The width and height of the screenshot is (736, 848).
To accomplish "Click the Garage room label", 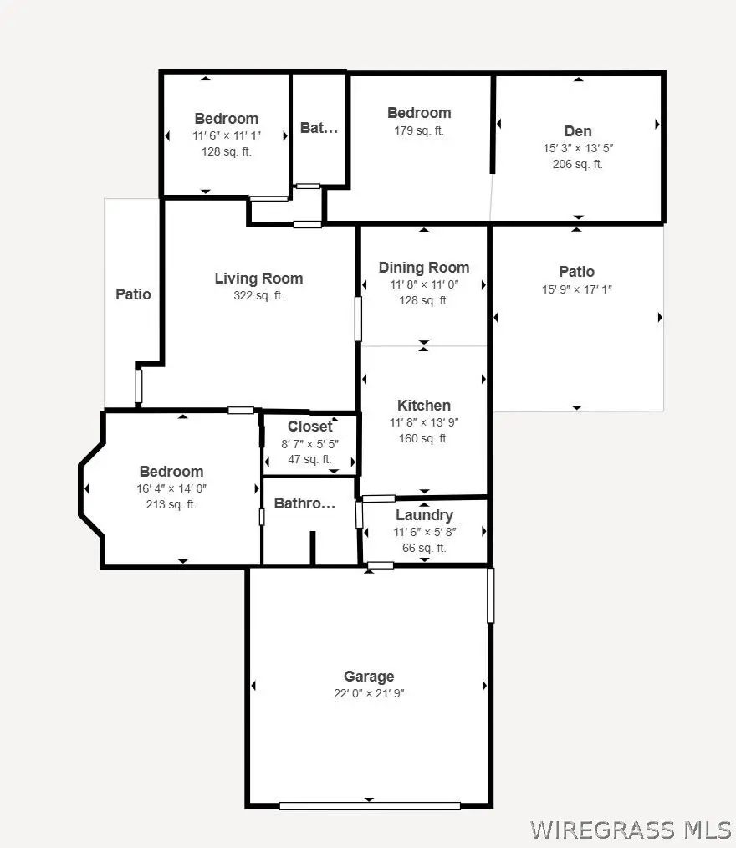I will (x=369, y=677).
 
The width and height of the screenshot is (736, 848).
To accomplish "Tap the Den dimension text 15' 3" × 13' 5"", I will (x=578, y=147).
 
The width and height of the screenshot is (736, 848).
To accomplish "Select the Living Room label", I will (x=258, y=278).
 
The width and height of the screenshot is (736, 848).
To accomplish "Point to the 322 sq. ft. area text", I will (x=258, y=295).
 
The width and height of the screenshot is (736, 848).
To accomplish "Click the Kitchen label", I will (x=424, y=406).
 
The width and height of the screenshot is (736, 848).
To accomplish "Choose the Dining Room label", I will (x=424, y=268).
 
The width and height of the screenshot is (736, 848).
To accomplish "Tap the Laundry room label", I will (x=424, y=515).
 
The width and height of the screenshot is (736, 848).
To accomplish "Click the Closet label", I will (x=309, y=427).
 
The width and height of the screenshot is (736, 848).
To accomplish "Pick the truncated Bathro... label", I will (x=304, y=504).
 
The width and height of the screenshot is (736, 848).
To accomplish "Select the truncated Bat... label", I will (x=318, y=128).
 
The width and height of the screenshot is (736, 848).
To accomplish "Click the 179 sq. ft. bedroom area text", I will (x=419, y=130).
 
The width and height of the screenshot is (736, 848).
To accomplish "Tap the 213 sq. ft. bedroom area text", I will (x=171, y=504).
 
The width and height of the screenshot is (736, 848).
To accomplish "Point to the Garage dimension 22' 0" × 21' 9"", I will (x=369, y=693).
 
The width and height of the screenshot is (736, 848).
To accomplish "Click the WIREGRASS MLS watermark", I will (x=630, y=830).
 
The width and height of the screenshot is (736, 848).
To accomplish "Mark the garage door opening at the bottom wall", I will (x=370, y=805).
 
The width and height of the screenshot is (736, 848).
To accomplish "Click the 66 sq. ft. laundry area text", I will (x=424, y=548).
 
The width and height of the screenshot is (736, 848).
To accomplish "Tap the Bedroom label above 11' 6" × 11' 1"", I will (x=227, y=119).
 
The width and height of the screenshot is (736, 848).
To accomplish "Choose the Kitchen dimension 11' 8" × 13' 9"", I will (x=424, y=422).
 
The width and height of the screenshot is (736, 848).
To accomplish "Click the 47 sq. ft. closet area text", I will (x=309, y=459).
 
